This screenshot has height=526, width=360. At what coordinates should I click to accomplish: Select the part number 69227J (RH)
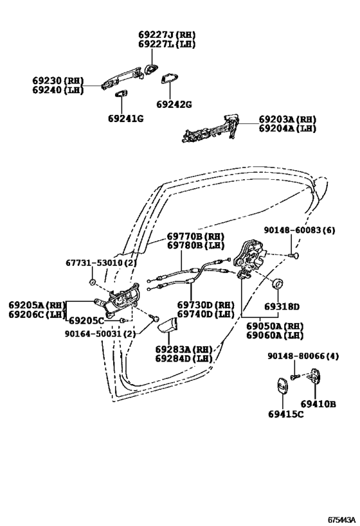pos(166,35)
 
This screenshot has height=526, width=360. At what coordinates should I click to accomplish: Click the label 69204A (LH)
pos(287,128)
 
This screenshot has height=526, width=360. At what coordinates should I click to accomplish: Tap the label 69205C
pos(86,320)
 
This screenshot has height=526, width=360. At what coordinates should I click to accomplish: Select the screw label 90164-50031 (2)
pos(99,333)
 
